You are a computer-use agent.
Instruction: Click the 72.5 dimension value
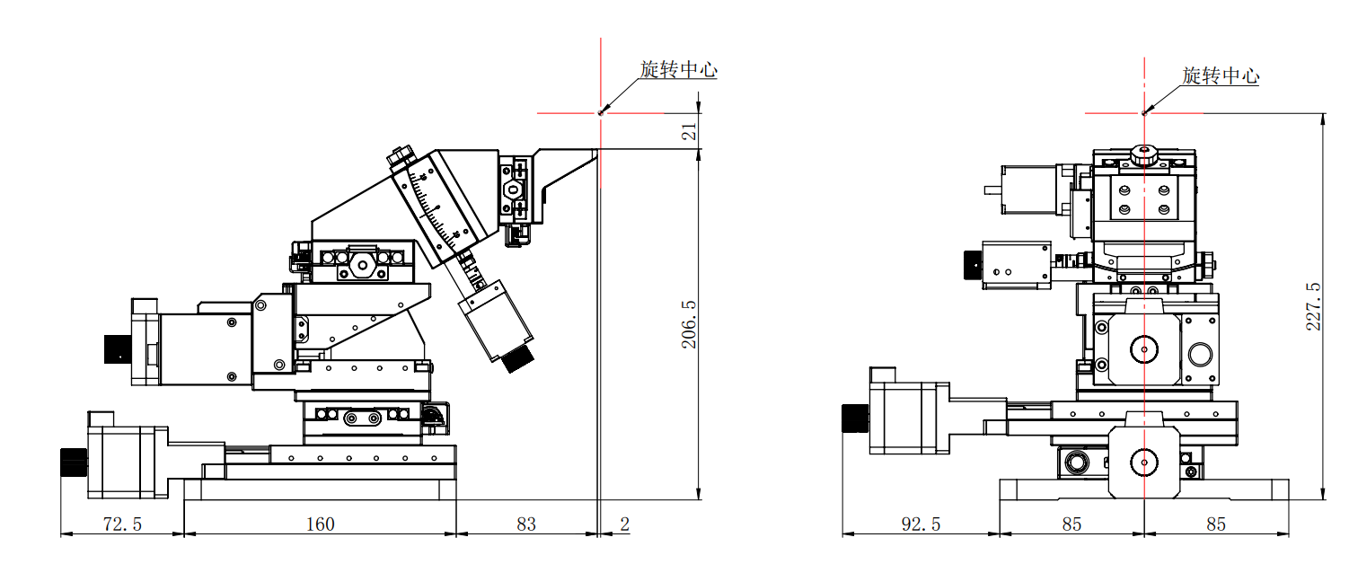tap(122, 524)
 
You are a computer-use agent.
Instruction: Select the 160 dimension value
tap(320, 524)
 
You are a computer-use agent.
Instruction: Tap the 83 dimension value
tap(525, 524)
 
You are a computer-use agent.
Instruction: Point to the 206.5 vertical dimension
tap(688, 324)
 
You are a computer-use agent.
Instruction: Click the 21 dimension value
tap(688, 132)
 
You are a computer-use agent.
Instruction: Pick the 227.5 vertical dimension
tap(1313, 306)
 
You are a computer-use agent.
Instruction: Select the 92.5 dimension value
tap(921, 524)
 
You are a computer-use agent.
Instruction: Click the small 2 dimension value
tap(624, 524)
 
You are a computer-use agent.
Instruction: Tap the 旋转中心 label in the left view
tap(679, 70)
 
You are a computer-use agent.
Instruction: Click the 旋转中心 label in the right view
tap(1221, 75)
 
